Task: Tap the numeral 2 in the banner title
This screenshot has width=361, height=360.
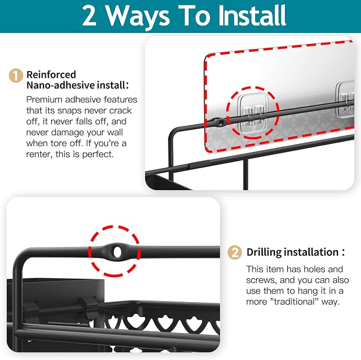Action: pos(89,16)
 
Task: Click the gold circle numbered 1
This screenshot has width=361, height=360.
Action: pos(15,75)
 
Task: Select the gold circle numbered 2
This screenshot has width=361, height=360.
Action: pos(234,253)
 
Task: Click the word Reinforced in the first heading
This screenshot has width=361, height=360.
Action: pos(51,74)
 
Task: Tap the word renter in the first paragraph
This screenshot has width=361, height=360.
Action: pos(39,155)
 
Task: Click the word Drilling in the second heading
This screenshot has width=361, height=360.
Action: pos(264,252)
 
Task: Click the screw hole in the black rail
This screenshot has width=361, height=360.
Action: pos(117,252)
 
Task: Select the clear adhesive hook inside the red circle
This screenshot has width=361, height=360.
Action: pos(253,114)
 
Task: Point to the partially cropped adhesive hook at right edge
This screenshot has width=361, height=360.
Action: pos(345,99)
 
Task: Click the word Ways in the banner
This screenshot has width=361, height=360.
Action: pos(138,16)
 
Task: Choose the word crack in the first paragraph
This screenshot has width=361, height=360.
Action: pos(120,110)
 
